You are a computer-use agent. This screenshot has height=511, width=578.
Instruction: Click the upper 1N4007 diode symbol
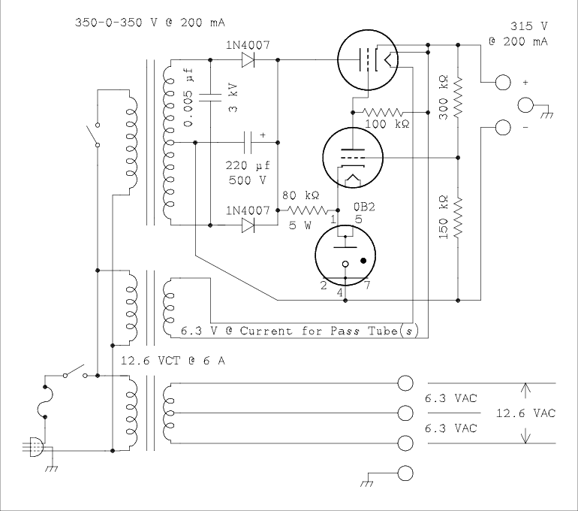(x=248, y=60)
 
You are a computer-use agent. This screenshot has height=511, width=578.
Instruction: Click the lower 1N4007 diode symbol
(x=248, y=225)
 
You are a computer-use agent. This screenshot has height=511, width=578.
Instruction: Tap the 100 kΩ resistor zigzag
(x=383, y=112)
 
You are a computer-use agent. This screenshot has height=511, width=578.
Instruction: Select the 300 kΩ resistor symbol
(x=458, y=98)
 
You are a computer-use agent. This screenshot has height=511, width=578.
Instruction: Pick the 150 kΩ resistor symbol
(x=458, y=218)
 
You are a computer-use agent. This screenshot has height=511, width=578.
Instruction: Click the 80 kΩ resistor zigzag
(x=307, y=210)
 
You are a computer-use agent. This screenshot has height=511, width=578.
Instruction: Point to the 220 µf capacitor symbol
(x=248, y=143)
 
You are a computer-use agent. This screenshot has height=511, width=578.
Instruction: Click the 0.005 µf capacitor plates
(x=210, y=98)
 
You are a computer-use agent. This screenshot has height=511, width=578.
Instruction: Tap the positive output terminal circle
(x=503, y=82)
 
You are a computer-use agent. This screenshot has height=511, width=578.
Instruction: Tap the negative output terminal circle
(x=503, y=128)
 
